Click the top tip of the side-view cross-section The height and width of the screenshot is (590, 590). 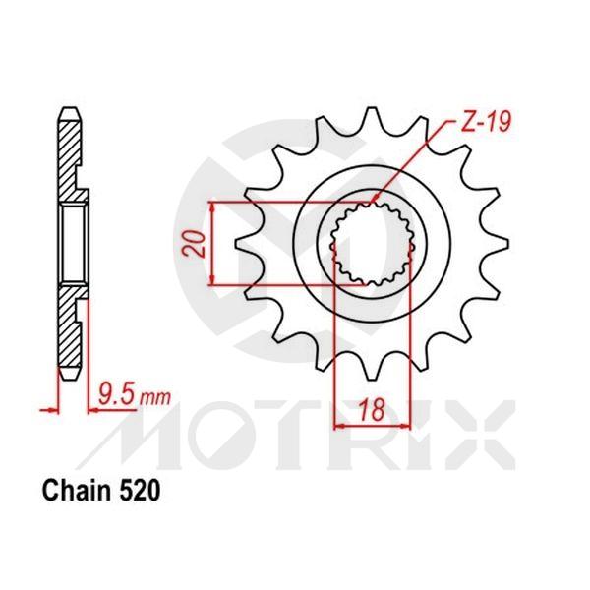(x=68, y=109)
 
